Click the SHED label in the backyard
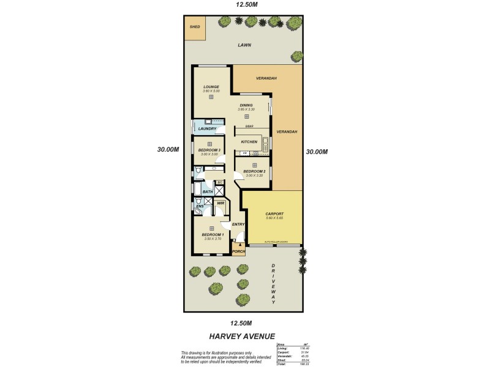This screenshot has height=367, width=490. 195,27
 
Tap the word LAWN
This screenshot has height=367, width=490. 245,45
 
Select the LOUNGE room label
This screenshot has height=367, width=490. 211,87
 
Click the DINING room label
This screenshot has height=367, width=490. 246,105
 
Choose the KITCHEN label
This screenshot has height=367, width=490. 249,142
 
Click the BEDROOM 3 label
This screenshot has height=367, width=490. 209,150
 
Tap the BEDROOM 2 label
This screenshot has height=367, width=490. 254,171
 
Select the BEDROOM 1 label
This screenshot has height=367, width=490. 213,234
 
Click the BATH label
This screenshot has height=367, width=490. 208,192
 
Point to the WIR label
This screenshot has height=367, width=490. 221,203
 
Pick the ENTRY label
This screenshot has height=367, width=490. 238,224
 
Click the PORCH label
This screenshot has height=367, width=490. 238,251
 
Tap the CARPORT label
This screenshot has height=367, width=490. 274,213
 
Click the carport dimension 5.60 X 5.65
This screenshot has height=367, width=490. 274,218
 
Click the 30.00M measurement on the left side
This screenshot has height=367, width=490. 167,149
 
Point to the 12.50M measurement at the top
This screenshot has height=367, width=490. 245,6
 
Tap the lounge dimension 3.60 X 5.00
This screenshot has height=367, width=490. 211,91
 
